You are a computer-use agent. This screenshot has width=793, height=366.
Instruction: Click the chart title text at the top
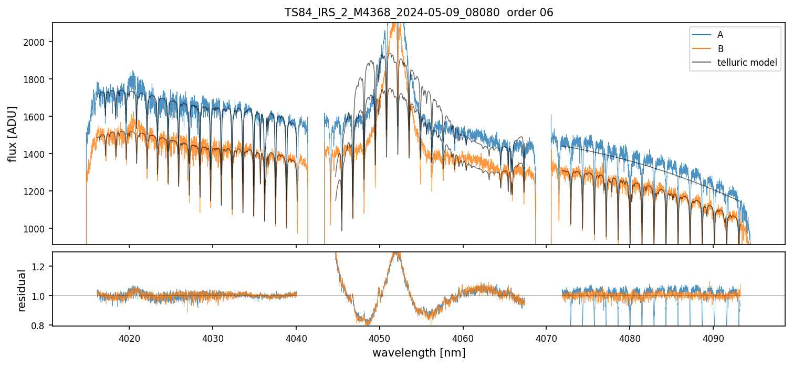click(419, 13)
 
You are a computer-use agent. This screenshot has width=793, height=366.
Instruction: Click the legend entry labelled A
click(720, 35)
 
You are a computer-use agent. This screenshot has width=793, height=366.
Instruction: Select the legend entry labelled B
click(720, 49)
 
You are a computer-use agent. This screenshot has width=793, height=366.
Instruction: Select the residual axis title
click(22, 290)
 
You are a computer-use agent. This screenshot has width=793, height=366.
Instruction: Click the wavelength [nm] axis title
click(419, 353)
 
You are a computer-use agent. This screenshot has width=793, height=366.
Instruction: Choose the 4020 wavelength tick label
click(129, 338)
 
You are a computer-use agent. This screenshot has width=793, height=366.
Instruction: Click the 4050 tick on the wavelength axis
click(379, 338)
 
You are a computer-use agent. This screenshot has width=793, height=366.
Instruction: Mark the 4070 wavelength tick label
click(546, 338)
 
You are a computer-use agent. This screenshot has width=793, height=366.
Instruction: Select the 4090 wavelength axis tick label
click(713, 338)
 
